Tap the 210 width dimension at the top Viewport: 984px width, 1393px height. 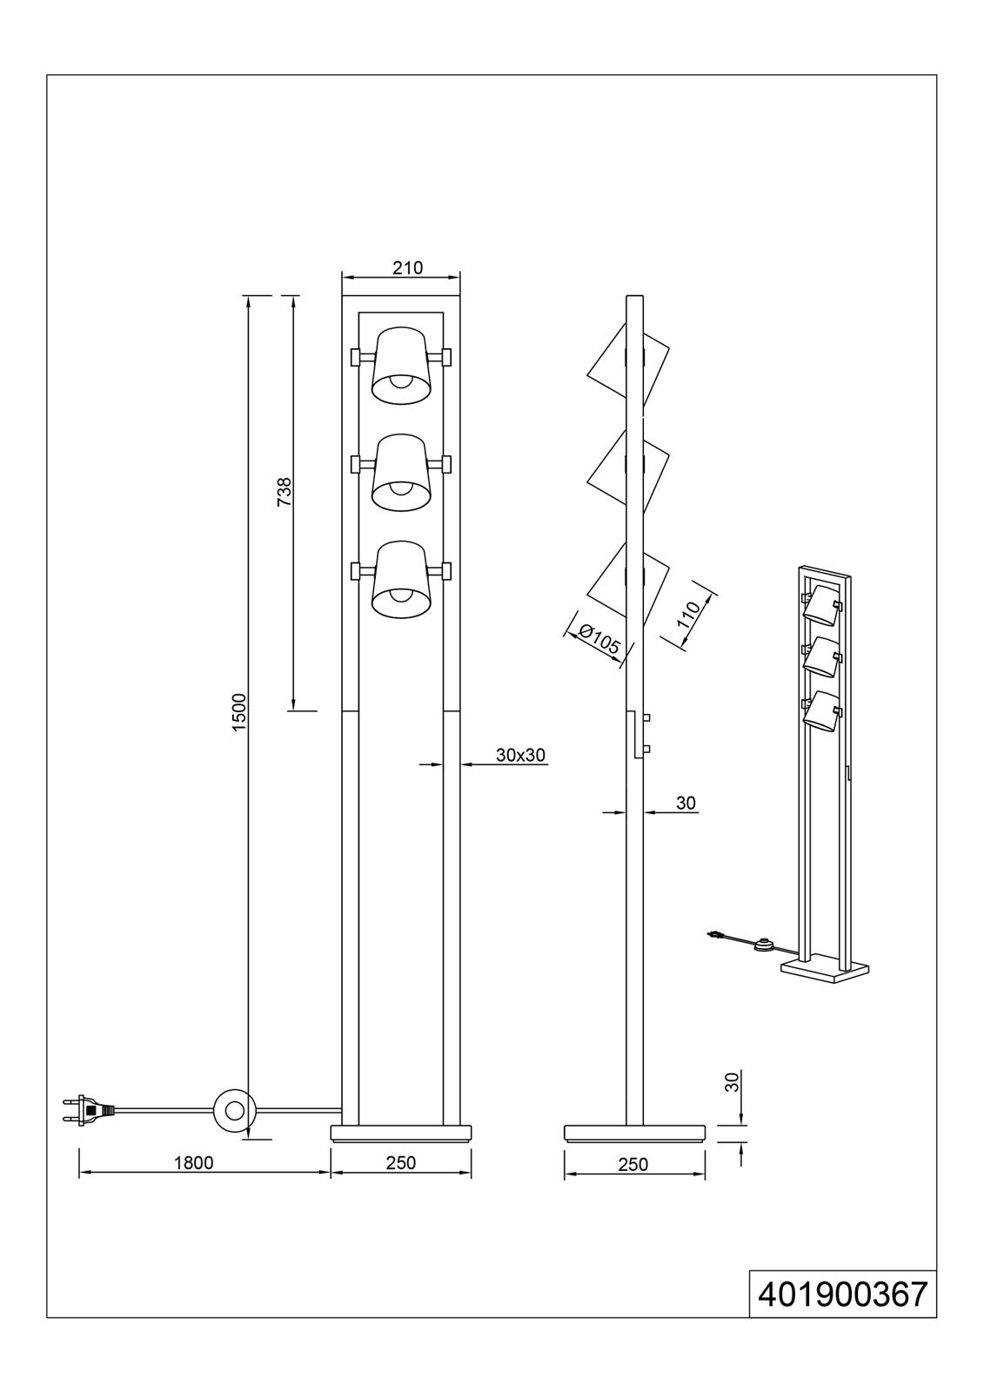(x=408, y=268)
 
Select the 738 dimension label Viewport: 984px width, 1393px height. (x=284, y=492)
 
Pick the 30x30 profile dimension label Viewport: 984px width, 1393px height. (x=520, y=755)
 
